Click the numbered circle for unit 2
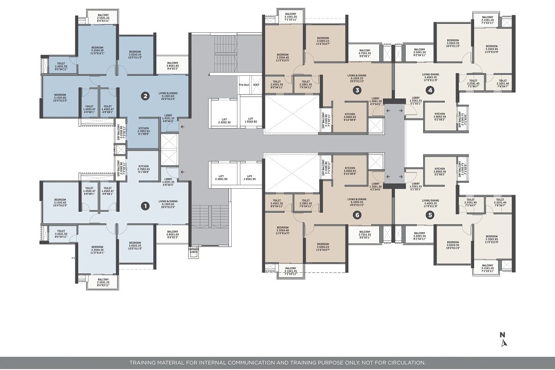click(145, 97)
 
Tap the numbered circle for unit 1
click(145, 205)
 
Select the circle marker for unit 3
click(357, 90)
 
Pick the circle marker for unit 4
click(431, 90)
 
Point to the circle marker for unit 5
click(431, 215)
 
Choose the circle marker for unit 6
click(357, 215)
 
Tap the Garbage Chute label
click(194, 250)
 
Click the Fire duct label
click(244, 85)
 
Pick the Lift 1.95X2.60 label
click(250, 121)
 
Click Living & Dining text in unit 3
click(357, 77)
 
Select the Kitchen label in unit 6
click(350, 170)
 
